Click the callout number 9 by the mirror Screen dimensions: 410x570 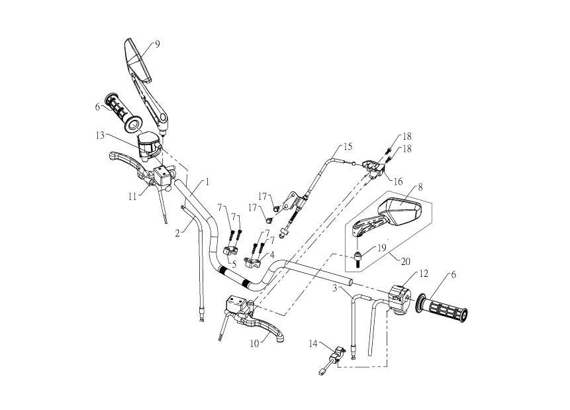pos(157,44)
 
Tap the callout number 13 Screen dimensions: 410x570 pos(99,134)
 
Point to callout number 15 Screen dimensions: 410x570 pos(348,145)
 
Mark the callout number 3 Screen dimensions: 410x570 pos(336,289)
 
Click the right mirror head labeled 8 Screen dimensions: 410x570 pos(404,210)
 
